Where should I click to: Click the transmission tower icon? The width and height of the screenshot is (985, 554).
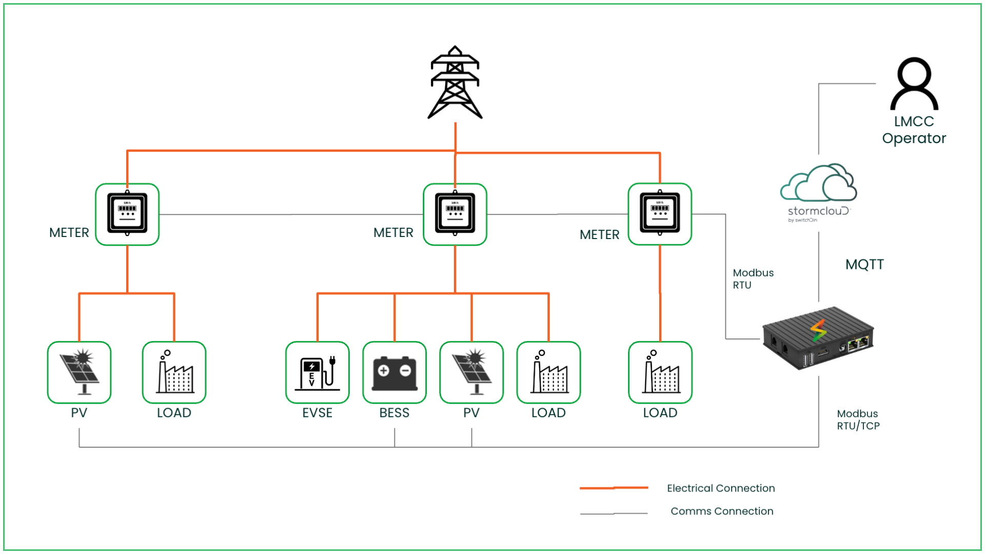455,83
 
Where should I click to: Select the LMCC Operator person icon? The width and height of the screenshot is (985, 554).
914,84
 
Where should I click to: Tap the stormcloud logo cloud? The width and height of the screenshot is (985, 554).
818,184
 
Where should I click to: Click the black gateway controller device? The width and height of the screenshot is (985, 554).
818,338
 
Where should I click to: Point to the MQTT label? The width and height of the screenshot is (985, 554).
864,265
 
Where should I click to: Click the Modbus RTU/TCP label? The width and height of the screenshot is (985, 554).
858,420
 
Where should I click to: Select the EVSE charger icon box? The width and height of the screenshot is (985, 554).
317,372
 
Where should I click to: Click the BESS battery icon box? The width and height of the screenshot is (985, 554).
394,372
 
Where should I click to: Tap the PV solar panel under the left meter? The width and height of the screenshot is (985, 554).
79,372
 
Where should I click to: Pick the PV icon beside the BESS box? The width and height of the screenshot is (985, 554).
471,372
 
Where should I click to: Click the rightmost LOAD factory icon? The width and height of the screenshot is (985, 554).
660,372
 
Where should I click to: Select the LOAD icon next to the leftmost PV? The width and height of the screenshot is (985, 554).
174,372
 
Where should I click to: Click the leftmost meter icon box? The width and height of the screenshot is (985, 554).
127,214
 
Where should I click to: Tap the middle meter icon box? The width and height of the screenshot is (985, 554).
455,214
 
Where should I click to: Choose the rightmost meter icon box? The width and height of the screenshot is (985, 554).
660,214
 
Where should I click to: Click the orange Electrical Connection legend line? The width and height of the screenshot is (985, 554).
614,488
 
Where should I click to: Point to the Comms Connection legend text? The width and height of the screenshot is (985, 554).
722,511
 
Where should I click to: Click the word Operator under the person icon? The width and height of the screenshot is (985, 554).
914,138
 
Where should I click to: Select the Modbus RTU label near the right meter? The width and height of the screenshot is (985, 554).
753,279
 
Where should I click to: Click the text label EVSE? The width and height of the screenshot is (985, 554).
317,413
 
